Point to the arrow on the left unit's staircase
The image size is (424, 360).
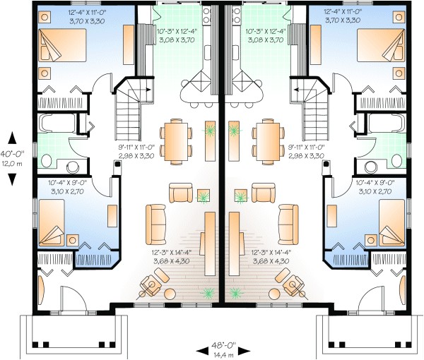click(x=145, y=91)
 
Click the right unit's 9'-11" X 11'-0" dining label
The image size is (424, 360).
click(x=306, y=152)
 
